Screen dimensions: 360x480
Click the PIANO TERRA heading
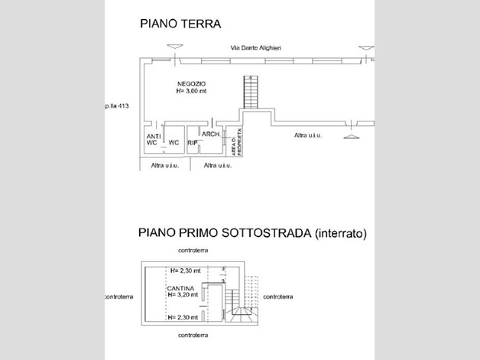(180, 24)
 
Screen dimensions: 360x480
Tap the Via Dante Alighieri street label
(256, 48)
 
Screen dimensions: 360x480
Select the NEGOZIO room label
(191, 83)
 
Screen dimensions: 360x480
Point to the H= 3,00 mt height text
(191, 91)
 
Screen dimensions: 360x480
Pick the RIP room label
(193, 143)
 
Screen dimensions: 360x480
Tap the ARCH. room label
(212, 134)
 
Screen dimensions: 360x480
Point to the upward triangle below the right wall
(350, 136)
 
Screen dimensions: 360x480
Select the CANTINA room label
(181, 288)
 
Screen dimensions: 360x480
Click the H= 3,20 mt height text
(183, 295)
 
